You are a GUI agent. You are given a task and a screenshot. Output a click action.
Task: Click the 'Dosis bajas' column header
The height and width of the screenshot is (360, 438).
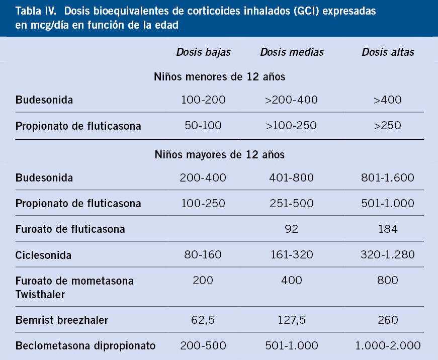coord(203,52)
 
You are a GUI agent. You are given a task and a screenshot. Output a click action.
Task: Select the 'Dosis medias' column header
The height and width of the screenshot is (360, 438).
coord(292,52)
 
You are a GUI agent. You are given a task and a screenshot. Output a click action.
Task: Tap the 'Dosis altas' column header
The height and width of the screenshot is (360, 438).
coord(388,52)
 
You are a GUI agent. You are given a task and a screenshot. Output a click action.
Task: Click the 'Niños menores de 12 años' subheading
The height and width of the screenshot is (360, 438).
coord(219,77)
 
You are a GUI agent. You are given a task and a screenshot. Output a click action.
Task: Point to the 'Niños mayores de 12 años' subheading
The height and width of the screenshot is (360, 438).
coord(219,154)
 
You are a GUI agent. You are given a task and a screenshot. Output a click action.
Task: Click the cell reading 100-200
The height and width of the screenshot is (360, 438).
coord(203,100)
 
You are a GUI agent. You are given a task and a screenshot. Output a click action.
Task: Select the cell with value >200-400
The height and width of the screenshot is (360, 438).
coord(291,100)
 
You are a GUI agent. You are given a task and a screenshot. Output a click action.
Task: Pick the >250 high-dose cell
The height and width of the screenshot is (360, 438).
coord(388,125)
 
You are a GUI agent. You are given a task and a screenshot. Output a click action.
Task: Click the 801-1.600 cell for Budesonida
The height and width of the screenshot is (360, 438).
coord(388,177)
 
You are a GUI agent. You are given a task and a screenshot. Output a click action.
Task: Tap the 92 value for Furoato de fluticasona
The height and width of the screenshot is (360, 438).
coord(291,229)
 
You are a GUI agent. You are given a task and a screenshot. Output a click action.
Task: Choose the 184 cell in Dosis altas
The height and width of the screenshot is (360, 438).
coord(388,229)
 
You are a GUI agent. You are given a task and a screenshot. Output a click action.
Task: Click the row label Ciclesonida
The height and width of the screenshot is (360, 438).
coord(43,255)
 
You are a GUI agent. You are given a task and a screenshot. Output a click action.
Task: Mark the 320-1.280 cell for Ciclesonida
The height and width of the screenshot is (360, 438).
coord(388,254)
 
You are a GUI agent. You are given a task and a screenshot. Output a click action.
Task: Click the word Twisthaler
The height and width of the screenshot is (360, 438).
coord(40,294)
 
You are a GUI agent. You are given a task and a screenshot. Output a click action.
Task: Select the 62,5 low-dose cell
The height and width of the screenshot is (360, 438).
coord(203,320)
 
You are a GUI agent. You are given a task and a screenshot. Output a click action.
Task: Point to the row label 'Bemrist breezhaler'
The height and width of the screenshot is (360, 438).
coord(62,320)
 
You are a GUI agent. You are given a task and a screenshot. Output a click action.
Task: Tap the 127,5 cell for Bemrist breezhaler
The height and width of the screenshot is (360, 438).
coord(291,320)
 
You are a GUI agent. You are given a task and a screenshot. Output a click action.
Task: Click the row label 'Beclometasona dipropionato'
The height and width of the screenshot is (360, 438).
coord(85,346)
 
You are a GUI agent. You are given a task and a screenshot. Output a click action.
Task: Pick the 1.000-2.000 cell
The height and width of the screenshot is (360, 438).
coord(388,345)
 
